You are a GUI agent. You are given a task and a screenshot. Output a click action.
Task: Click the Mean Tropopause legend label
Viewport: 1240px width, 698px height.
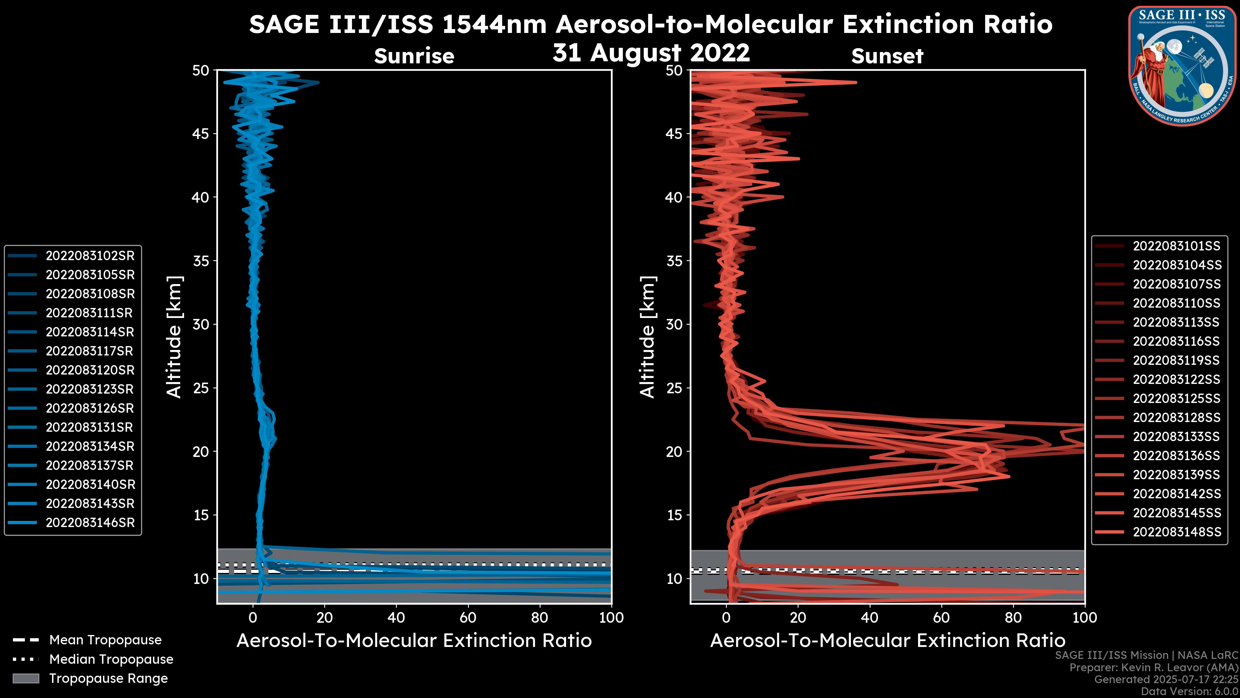click(x=105, y=640)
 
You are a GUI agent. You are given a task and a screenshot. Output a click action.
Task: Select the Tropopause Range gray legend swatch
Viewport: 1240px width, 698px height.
click(x=26, y=678)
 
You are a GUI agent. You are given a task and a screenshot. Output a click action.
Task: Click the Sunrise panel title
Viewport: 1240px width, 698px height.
click(x=414, y=56)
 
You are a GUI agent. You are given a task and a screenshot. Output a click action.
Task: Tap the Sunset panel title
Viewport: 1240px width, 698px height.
click(x=887, y=56)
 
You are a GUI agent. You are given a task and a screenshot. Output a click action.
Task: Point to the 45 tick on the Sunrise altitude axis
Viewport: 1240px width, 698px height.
click(x=201, y=133)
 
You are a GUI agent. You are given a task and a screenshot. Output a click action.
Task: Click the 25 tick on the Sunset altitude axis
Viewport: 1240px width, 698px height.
click(x=674, y=388)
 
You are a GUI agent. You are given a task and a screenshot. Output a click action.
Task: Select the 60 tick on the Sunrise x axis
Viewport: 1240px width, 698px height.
click(x=468, y=618)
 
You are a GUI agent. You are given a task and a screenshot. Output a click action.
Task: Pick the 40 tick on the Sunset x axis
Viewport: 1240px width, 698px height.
click(x=869, y=618)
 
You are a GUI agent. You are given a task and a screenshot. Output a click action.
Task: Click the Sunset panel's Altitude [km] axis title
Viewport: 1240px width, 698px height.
click(x=647, y=337)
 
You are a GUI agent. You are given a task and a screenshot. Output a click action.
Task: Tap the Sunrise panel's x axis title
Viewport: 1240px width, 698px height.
click(x=414, y=641)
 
